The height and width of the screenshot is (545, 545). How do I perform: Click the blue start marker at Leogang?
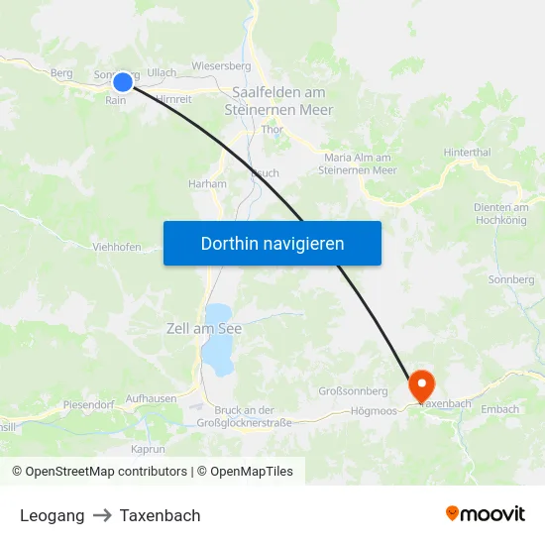(x=122, y=82)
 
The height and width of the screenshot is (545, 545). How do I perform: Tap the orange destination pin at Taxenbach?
(x=421, y=382)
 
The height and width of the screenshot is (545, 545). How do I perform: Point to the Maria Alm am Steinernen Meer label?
(x=358, y=163)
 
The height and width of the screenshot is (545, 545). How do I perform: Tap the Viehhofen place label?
(x=116, y=248)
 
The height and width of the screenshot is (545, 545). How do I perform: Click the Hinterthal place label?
(x=467, y=152)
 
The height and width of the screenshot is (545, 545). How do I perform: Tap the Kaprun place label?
(x=147, y=449)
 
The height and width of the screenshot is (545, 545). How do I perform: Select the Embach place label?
(x=499, y=409)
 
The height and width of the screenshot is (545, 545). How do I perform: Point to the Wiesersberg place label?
(x=221, y=66)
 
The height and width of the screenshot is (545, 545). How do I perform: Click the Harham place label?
(x=207, y=183)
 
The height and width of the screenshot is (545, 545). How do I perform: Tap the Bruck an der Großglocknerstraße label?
(x=244, y=416)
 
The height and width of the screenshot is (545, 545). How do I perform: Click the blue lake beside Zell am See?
(x=217, y=352)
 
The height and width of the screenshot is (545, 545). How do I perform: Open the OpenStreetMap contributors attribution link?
(x=105, y=472)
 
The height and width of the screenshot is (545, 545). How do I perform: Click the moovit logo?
(x=486, y=513)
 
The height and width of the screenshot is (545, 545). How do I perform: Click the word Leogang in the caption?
(x=52, y=515)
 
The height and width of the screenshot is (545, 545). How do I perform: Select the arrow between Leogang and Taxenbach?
(x=102, y=515)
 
